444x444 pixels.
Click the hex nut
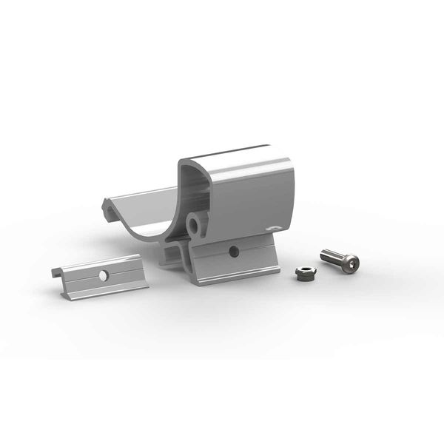pos(303,274)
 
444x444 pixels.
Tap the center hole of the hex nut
pos(303,272)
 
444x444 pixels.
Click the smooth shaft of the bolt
pos(332,258)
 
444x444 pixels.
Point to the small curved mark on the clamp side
pos(273,227)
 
